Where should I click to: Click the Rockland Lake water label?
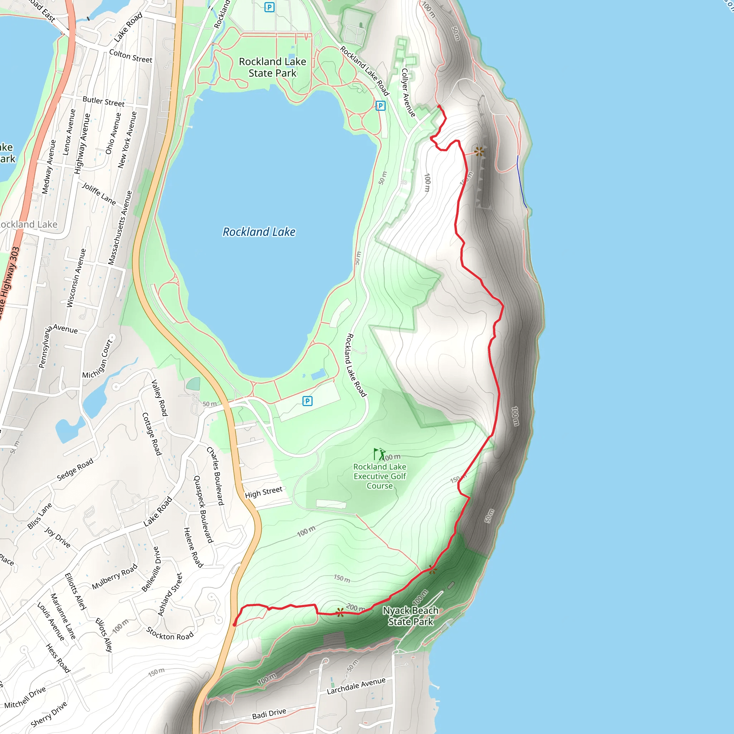tap(259, 232)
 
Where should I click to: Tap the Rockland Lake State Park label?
tap(272, 67)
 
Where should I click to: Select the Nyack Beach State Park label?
tap(410, 616)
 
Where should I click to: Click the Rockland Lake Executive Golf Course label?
tap(380, 476)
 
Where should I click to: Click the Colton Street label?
tap(130, 56)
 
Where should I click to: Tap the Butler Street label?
tap(103, 101)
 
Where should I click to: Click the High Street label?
tap(263, 492)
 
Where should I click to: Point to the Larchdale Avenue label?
tap(356, 686)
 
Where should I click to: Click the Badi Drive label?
tap(269, 714)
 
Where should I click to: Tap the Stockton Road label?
tap(170, 634)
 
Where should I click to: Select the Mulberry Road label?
tap(114, 577)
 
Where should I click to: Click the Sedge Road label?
tap(75, 470)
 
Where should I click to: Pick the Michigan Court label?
tap(97, 359)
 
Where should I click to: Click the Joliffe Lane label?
tap(99, 194)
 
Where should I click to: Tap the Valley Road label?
tap(159, 398)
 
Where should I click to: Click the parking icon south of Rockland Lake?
tap(308, 401)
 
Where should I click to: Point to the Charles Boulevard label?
tap(215, 476)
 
